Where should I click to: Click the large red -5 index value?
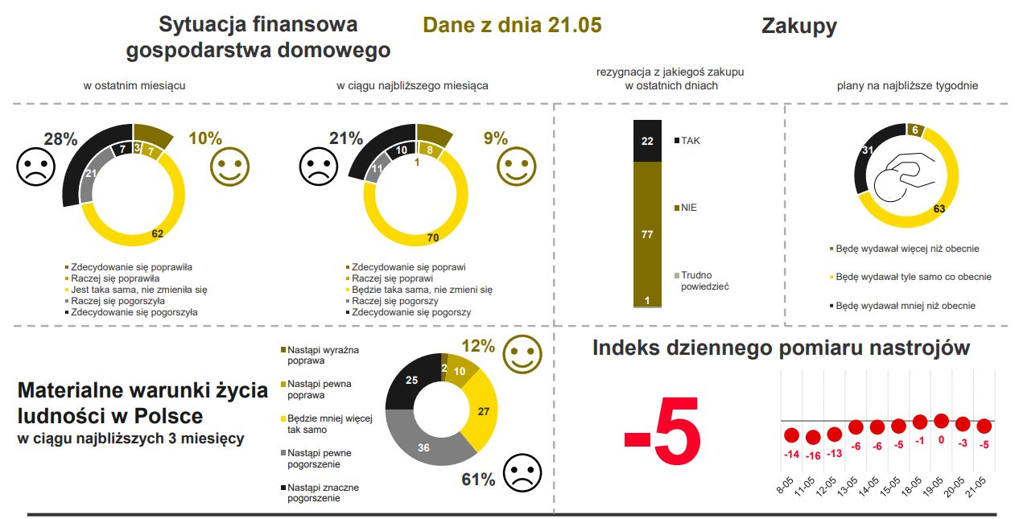(x=662, y=438)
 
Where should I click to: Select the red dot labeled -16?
(x=812, y=438)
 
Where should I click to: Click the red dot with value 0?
(x=941, y=421)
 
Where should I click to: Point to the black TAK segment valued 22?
(x=647, y=141)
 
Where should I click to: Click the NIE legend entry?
(x=688, y=208)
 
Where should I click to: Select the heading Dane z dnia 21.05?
(x=512, y=25)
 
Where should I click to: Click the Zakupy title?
(x=798, y=26)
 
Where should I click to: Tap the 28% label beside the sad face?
(x=60, y=139)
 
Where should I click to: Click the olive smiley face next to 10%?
(x=229, y=167)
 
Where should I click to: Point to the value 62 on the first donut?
(x=158, y=234)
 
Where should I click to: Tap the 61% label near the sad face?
(x=478, y=480)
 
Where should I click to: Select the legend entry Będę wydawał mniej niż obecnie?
(x=905, y=306)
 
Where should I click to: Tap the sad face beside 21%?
(x=319, y=167)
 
